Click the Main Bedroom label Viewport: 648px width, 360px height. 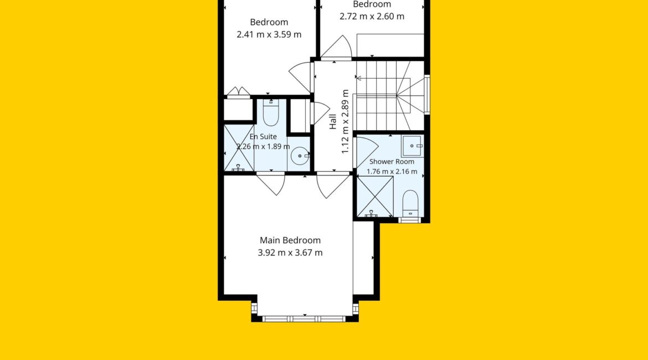(x=290, y=240)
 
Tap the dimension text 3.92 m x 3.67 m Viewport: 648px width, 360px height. (x=290, y=253)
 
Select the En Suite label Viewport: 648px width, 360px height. (x=263, y=136)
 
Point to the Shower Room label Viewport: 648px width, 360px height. (x=392, y=162)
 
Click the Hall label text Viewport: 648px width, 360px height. (x=333, y=121)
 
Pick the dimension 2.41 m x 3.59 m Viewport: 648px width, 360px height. (x=269, y=34)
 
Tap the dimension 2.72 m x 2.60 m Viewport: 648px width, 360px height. (x=372, y=17)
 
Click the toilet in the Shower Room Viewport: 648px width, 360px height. (x=410, y=203)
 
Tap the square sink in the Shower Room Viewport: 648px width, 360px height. (x=412, y=146)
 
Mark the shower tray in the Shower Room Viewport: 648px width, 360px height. (x=376, y=196)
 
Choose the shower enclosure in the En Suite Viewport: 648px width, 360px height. (x=239, y=148)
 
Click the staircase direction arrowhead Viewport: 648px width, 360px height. (x=358, y=78)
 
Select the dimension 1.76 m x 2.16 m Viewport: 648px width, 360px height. (x=392, y=172)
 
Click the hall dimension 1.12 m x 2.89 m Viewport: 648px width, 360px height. (x=346, y=121)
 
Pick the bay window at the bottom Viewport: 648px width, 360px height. (x=304, y=318)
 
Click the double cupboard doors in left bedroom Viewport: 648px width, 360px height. (x=239, y=91)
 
